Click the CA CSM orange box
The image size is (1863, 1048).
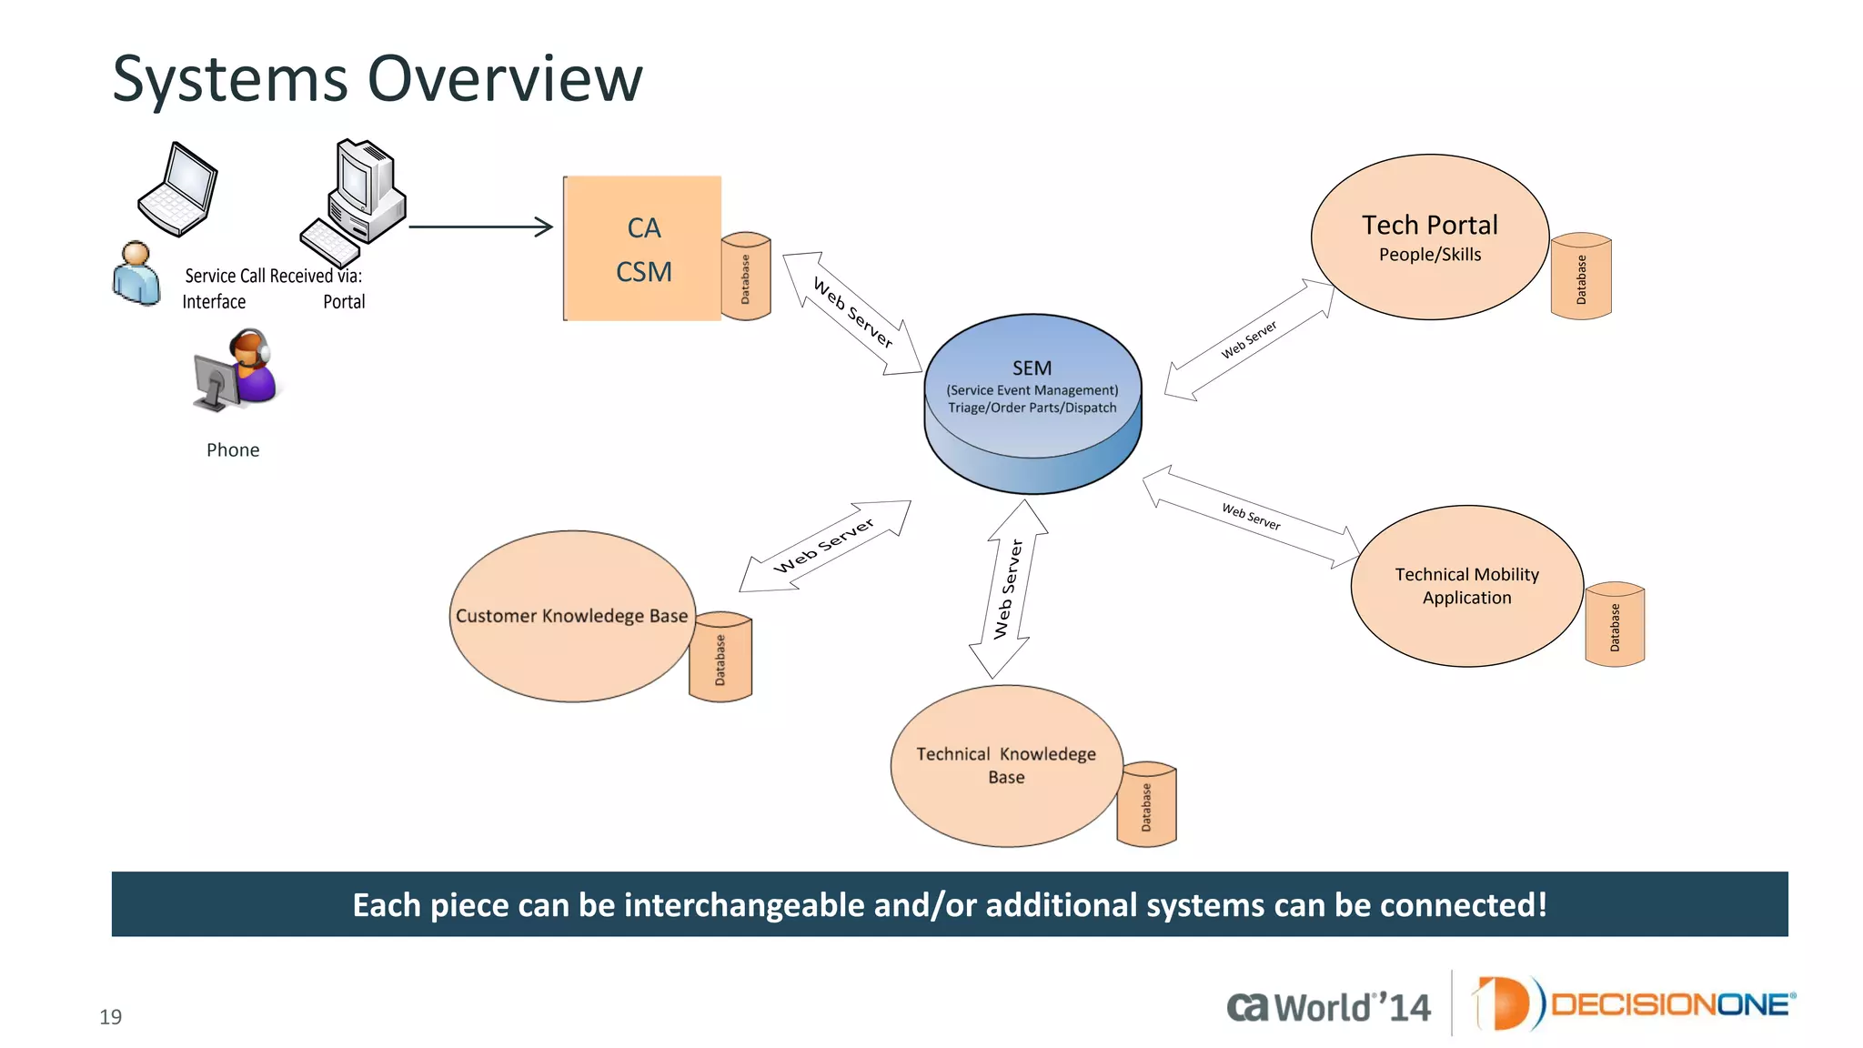(643, 248)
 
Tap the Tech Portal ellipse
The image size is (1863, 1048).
(1429, 237)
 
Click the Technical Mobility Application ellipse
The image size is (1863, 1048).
(1466, 586)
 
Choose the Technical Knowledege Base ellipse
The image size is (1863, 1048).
(1005, 765)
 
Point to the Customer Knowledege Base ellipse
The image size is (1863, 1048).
(571, 616)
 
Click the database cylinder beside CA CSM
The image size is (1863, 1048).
(746, 277)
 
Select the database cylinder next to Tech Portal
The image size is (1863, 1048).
(1581, 277)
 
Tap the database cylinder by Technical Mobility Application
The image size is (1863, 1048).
(1615, 625)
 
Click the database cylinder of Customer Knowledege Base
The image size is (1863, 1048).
(720, 657)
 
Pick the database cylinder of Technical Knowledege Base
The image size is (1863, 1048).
(1146, 805)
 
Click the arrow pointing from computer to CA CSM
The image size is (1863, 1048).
(480, 227)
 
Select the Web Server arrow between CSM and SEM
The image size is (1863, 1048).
(852, 313)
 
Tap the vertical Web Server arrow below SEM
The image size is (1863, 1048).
(1008, 589)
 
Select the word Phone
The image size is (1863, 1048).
(233, 450)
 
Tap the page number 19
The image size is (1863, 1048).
(110, 1017)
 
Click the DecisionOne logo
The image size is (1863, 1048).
(1634, 1003)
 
